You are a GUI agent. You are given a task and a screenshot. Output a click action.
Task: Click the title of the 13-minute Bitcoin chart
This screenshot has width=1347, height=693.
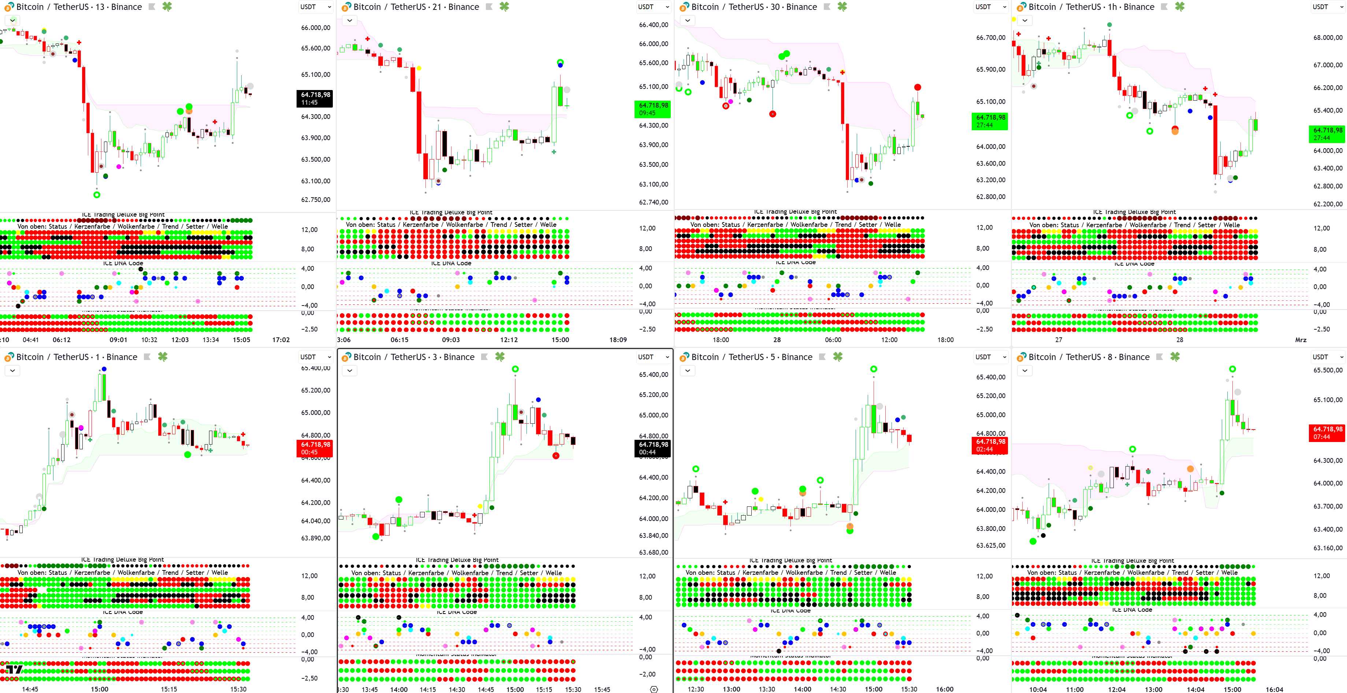pyautogui.click(x=78, y=7)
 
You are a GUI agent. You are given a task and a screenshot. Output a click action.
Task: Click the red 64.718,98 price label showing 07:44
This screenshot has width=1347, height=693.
pyautogui.click(x=1327, y=433)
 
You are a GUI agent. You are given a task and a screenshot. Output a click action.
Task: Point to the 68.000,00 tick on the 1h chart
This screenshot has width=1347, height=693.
pyautogui.click(x=1327, y=38)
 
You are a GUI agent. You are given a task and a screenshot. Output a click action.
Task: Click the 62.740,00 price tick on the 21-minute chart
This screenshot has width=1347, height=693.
pyautogui.click(x=653, y=202)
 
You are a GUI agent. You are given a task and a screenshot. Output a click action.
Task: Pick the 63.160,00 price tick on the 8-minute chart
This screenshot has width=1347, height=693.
pyautogui.click(x=1327, y=548)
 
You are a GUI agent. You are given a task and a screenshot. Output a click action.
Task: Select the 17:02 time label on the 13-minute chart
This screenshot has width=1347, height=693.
pyautogui.click(x=281, y=340)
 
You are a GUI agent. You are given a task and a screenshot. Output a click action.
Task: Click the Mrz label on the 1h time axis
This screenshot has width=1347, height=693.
pyautogui.click(x=1301, y=340)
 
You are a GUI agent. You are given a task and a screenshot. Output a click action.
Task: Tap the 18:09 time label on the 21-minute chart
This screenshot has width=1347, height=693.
pyautogui.click(x=618, y=340)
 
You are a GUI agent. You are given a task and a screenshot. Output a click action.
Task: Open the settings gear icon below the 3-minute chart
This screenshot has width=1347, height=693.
pyautogui.click(x=654, y=689)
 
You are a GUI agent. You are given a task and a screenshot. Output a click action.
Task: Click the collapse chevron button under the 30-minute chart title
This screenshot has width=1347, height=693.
pyautogui.click(x=688, y=20)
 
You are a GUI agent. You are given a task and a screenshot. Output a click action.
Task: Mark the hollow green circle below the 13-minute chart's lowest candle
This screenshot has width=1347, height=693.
pyautogui.click(x=97, y=195)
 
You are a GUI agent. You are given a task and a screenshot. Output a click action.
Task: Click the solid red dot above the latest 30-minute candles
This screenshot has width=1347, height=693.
pyautogui.click(x=918, y=87)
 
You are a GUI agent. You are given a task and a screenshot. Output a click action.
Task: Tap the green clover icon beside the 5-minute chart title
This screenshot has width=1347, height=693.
pyautogui.click(x=838, y=357)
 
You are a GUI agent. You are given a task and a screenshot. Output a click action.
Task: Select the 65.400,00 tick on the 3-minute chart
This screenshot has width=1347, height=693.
pyautogui.click(x=653, y=375)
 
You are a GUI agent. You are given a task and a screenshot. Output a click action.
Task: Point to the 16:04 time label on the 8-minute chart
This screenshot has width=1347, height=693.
pyautogui.click(x=1274, y=689)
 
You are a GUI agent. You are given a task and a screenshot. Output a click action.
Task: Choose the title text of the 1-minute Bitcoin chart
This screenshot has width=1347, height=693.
pyautogui.click(x=77, y=357)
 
